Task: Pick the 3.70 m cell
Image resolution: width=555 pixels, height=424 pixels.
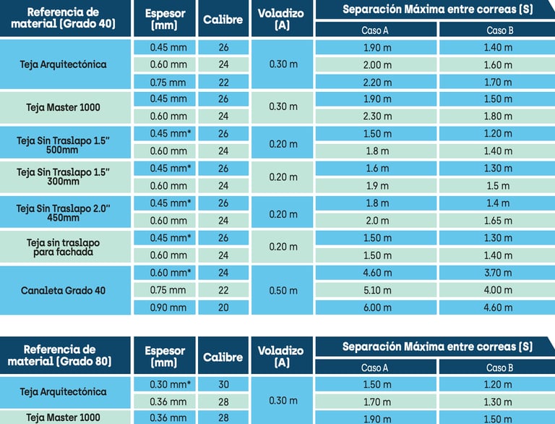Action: coord(496,273)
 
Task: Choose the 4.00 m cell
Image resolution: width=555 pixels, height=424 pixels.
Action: coord(496,290)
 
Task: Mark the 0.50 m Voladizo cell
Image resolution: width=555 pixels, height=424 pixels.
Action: coord(283,290)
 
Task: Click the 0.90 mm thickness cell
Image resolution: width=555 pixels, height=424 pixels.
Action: coord(168,308)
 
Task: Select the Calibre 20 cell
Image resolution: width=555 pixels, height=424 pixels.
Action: coord(223,308)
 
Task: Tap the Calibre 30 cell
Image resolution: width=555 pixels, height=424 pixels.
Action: coord(223,384)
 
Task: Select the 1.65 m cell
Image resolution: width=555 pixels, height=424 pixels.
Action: coord(496,221)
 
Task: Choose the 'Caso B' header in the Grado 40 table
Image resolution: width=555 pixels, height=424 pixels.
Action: coord(496,30)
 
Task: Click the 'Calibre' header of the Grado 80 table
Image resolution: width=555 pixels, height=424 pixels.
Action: coord(223,357)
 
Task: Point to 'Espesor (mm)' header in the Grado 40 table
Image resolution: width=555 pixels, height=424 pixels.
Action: coord(165,20)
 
